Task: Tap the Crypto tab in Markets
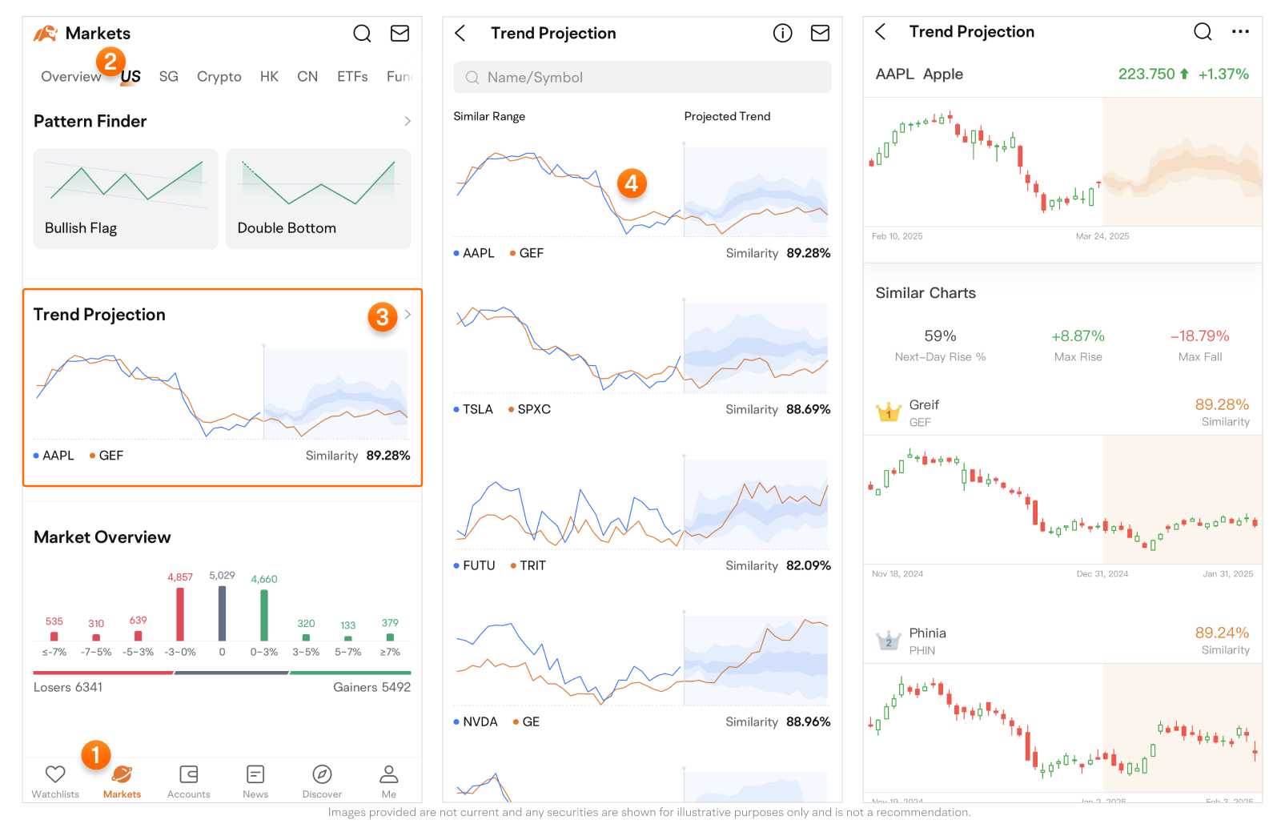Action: tap(219, 77)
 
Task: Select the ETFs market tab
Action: tap(352, 77)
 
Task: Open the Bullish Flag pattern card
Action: tap(126, 199)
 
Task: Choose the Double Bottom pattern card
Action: tap(318, 199)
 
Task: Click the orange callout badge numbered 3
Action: tap(383, 317)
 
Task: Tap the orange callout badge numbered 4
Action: tap(632, 183)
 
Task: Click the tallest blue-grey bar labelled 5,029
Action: tap(222, 613)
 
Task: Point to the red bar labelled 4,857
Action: tap(180, 614)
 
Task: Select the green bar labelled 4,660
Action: tap(264, 615)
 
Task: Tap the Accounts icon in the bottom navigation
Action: tap(189, 774)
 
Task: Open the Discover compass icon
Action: tap(322, 774)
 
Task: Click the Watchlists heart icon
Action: tap(55, 774)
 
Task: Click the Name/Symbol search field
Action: tap(642, 78)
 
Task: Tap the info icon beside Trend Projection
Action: tap(782, 33)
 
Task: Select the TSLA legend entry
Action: tap(474, 409)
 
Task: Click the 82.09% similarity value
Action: tap(808, 565)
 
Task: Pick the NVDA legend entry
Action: tap(476, 721)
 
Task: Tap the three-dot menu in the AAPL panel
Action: tap(1240, 32)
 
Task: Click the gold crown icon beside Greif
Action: tap(889, 412)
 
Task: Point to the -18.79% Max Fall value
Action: tap(1199, 336)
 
